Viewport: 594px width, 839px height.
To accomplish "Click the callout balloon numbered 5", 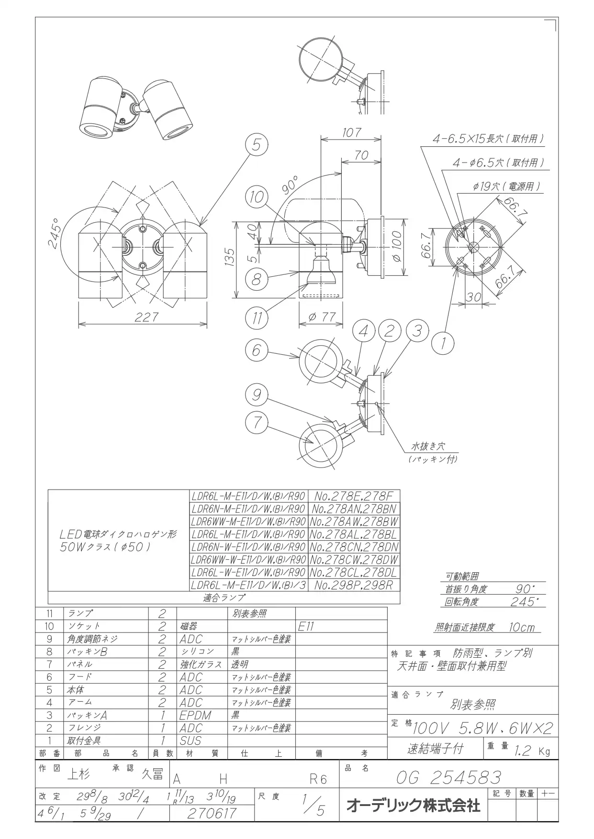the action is pyautogui.click(x=257, y=144).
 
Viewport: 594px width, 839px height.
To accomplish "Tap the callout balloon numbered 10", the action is pyautogui.click(x=257, y=197).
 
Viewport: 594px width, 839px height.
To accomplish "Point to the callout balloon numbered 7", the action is pyautogui.click(x=257, y=422).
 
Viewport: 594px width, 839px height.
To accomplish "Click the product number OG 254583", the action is pyautogui.click(x=448, y=778).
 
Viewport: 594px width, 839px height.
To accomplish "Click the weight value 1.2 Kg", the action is pyautogui.click(x=531, y=751).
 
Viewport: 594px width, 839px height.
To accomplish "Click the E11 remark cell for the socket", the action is pyautogui.click(x=306, y=626).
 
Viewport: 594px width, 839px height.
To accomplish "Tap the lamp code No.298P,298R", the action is pyautogui.click(x=354, y=585).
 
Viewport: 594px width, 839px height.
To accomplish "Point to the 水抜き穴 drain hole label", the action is pyautogui.click(x=428, y=447).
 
